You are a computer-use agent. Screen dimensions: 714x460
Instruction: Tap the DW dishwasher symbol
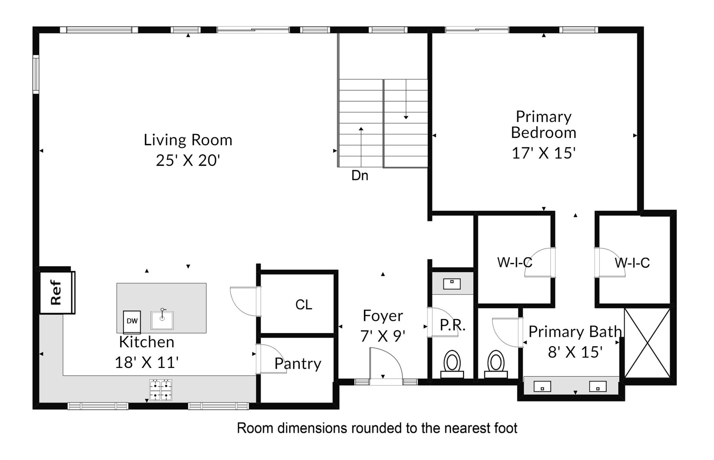tap(132, 322)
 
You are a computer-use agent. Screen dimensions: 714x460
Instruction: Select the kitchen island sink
tap(162, 319)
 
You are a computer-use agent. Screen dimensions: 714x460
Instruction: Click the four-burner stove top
tap(161, 390)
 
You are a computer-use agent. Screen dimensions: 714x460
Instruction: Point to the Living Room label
tap(188, 140)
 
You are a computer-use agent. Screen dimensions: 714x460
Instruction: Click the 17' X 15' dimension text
tap(543, 153)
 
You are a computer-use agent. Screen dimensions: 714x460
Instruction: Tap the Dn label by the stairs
tap(360, 175)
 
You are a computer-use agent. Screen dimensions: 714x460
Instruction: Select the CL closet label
tap(304, 305)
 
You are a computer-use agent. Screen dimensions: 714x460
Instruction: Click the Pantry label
tap(298, 364)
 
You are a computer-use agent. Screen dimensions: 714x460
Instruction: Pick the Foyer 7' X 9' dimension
tap(383, 336)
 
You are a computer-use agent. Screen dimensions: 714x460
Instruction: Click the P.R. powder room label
tap(453, 325)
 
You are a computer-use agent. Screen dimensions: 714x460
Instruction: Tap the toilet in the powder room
tap(452, 364)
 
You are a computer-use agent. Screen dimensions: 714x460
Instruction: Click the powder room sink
tap(452, 284)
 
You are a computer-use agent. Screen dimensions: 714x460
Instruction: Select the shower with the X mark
tap(647, 343)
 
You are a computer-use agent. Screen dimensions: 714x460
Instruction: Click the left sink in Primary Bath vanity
tap(542, 387)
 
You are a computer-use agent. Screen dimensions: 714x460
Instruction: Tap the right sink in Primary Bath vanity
tap(598, 386)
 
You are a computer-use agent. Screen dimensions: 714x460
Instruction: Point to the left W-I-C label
tap(515, 263)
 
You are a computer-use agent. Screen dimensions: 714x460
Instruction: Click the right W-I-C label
tap(632, 263)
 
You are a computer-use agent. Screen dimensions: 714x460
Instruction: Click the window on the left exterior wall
tap(36, 74)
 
